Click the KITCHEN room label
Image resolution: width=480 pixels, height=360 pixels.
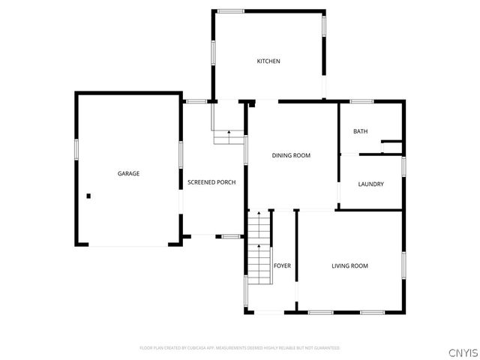268,61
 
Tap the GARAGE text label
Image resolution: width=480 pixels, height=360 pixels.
128,173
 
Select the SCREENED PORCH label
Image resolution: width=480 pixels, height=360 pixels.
211,182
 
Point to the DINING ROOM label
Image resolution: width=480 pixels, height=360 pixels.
290,155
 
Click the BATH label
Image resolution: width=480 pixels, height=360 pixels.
360,131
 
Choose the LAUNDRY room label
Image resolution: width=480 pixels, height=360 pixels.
370,184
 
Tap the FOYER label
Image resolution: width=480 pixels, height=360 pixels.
282,265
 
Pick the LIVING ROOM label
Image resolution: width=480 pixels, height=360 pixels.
349,265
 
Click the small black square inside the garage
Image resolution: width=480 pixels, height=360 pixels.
88,196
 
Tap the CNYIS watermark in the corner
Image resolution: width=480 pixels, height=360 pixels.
462,352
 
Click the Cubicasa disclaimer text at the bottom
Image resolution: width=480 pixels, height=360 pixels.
239,348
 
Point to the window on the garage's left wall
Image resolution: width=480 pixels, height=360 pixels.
76,148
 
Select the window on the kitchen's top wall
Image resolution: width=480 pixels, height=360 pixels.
231,10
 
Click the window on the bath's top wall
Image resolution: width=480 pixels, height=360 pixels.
362,101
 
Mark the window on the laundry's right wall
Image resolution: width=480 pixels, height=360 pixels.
403,166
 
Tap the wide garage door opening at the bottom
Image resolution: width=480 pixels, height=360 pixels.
127,245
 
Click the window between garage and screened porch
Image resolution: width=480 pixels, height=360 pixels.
181,154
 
